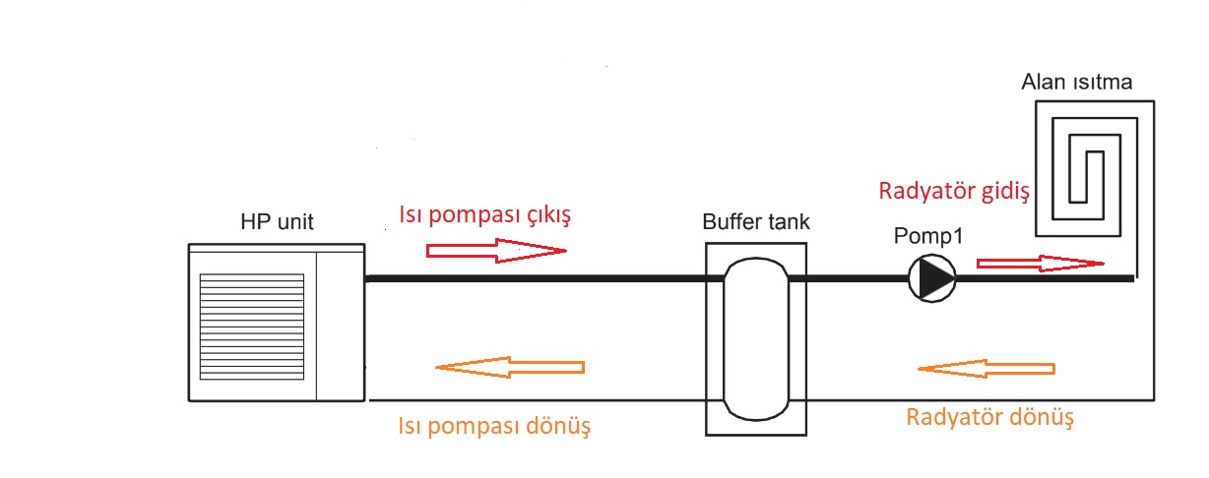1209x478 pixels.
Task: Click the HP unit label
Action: coord(277,222)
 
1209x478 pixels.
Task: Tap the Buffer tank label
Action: coord(756,221)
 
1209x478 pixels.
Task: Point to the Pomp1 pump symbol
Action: coord(931,278)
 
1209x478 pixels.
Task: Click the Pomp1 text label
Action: coord(928,238)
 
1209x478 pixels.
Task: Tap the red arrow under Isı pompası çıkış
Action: coord(496,251)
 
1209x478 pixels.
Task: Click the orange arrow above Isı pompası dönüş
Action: coord(509,368)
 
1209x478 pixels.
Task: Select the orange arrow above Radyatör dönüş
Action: coord(986,369)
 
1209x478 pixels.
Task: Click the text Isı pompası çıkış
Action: coord(484,215)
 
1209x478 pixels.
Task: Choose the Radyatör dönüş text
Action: coord(989,416)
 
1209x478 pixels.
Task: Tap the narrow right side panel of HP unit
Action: coord(341,323)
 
